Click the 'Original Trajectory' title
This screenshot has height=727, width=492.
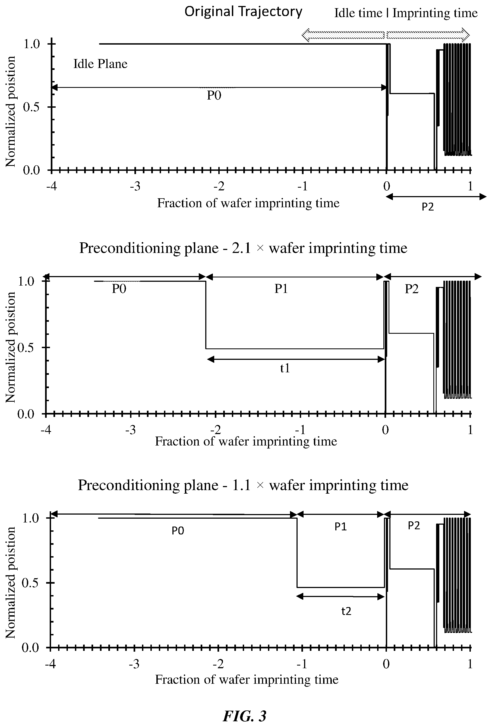(243, 12)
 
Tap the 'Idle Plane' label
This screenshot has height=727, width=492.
(100, 64)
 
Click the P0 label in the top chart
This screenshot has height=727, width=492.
(214, 95)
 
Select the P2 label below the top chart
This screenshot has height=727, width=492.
(428, 207)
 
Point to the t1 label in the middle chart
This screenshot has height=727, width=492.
(285, 368)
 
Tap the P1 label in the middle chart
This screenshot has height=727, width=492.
(281, 289)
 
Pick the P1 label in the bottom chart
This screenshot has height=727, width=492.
(340, 527)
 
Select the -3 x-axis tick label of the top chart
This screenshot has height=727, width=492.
(135, 187)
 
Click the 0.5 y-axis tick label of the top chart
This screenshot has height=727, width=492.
(31, 107)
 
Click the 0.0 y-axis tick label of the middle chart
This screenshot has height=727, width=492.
(26, 414)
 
